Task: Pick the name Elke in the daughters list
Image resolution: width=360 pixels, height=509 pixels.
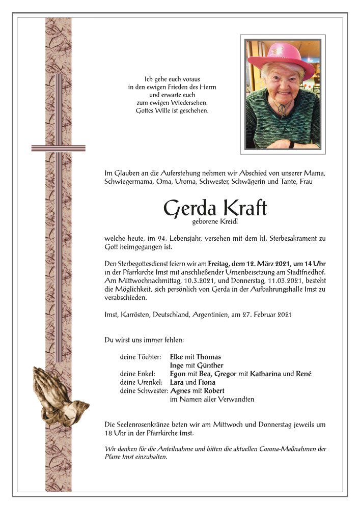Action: coord(176,357)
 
